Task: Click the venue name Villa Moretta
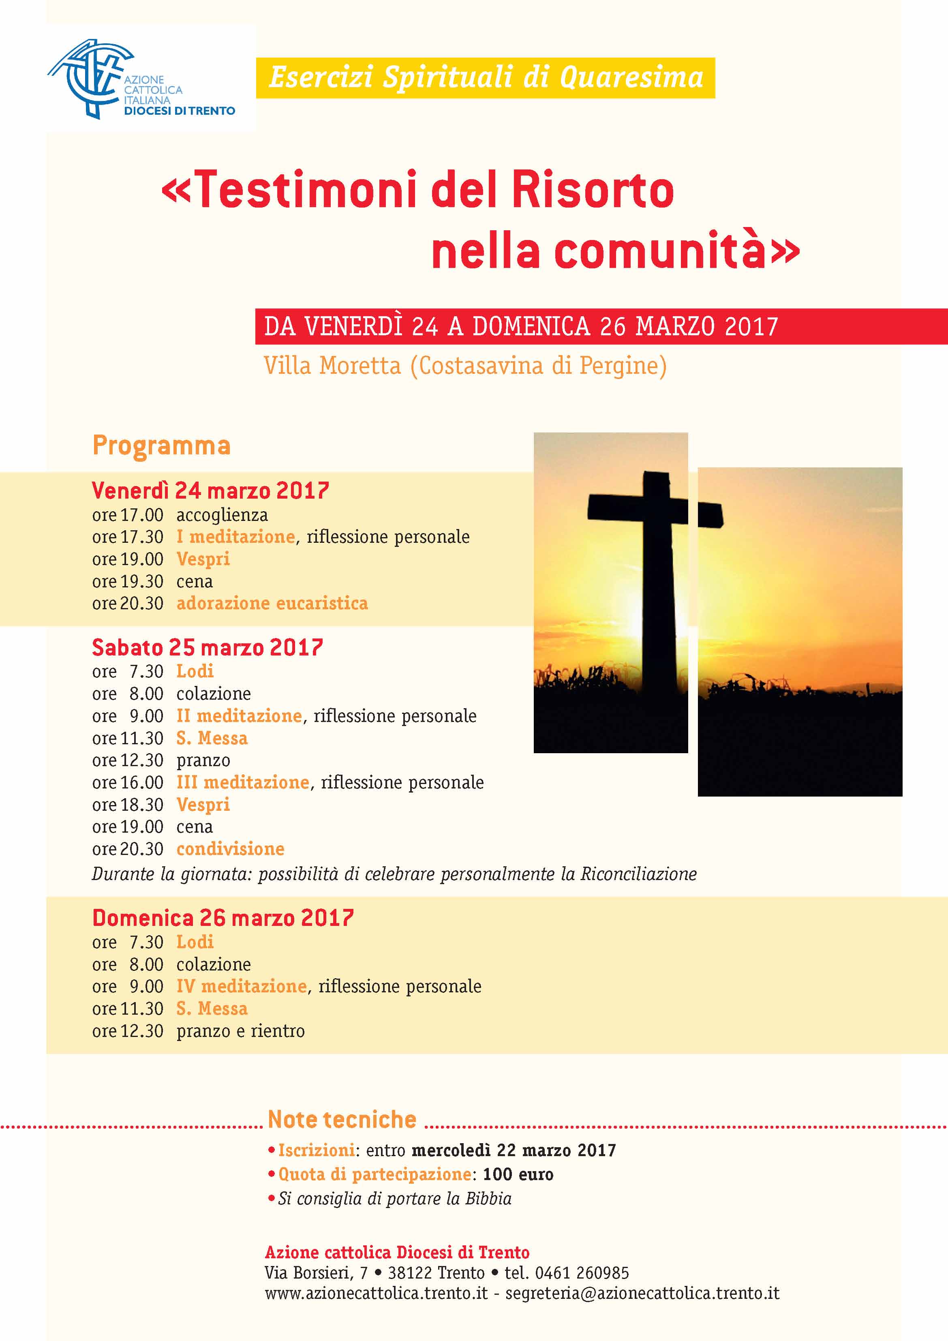click(x=332, y=366)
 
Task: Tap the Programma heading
click(x=161, y=446)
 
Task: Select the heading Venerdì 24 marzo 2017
click(x=210, y=490)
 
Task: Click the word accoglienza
click(x=222, y=515)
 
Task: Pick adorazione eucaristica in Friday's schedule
click(x=272, y=603)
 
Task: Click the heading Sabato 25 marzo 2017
click(x=208, y=647)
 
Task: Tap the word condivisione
click(x=230, y=848)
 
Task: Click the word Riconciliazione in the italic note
click(x=638, y=874)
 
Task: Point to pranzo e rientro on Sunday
click(x=241, y=1031)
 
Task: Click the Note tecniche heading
click(x=342, y=1119)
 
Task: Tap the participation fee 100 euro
click(x=518, y=1174)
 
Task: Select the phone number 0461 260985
click(x=582, y=1272)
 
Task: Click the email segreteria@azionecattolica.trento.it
click(x=642, y=1293)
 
